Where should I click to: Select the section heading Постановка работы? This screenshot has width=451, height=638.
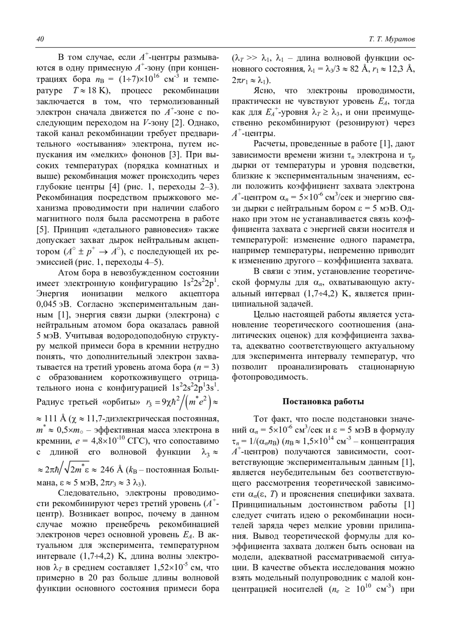click(323, 401)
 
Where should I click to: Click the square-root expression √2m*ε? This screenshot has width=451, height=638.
click(78, 469)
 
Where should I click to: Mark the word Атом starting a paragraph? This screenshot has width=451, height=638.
click(69, 272)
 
